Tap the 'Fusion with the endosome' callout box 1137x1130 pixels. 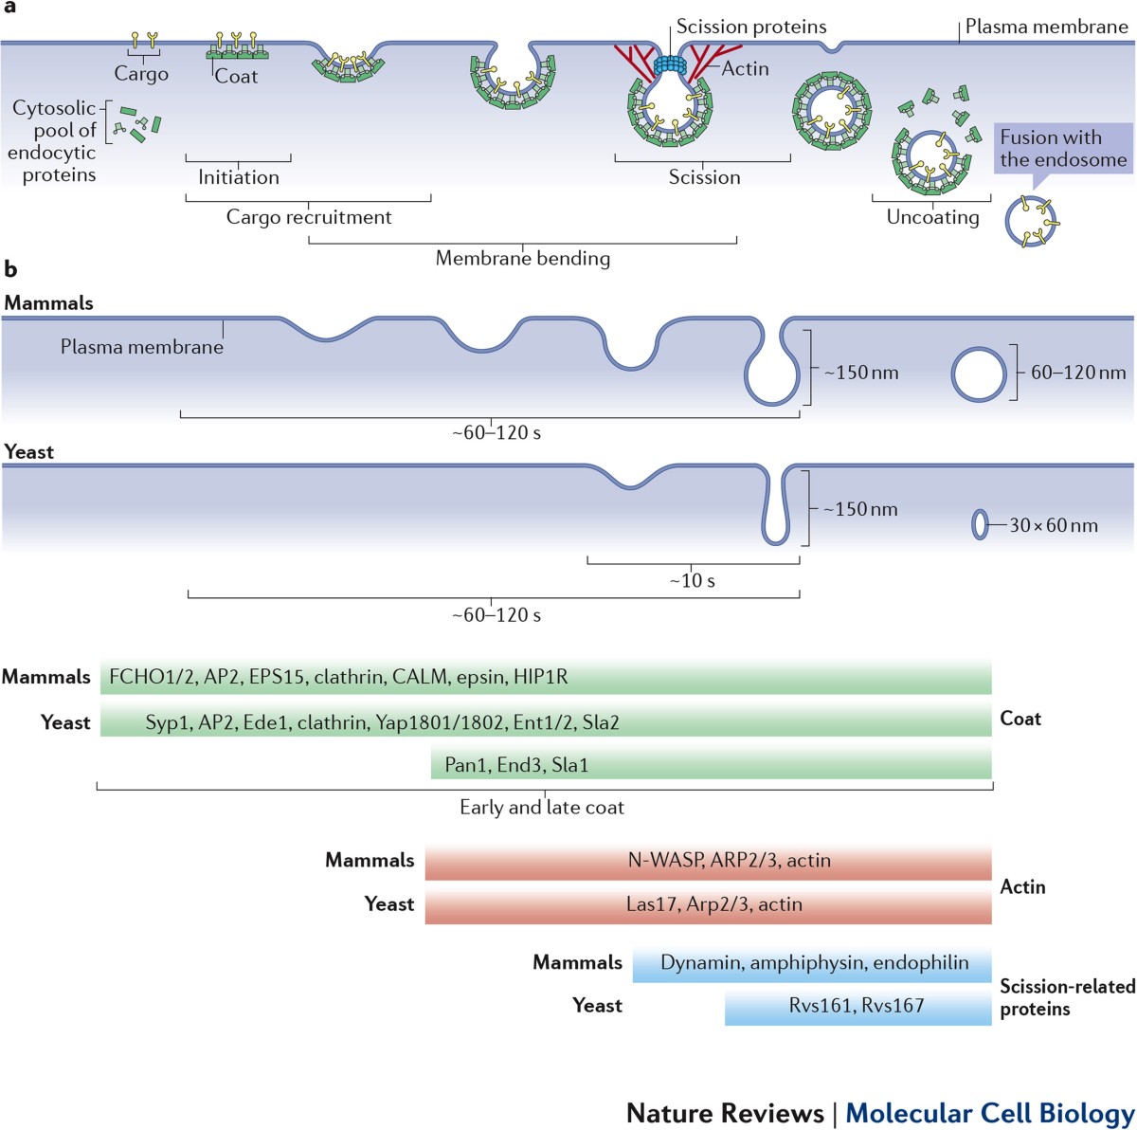(x=1062, y=149)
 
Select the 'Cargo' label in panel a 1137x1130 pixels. (x=141, y=74)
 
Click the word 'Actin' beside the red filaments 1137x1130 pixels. (x=746, y=68)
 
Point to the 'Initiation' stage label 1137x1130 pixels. (x=239, y=177)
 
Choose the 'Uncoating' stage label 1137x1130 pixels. (x=932, y=217)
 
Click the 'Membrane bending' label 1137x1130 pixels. (x=523, y=258)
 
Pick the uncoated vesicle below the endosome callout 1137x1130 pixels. (x=1031, y=222)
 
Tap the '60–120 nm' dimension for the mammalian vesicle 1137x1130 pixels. (x=1078, y=373)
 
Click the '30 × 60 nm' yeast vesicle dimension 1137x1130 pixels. (x=1053, y=525)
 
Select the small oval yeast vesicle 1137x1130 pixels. (x=980, y=523)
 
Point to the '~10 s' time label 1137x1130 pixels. (x=693, y=580)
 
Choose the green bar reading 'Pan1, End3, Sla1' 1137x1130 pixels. (x=711, y=764)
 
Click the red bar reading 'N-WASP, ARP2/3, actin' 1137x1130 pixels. (x=708, y=861)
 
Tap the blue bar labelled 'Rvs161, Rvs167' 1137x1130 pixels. (x=857, y=1006)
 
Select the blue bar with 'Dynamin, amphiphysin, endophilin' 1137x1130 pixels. (x=813, y=963)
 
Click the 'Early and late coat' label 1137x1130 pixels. (x=542, y=808)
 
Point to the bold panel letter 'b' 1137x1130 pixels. (x=10, y=269)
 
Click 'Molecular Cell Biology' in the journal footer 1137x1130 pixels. (x=989, y=1112)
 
